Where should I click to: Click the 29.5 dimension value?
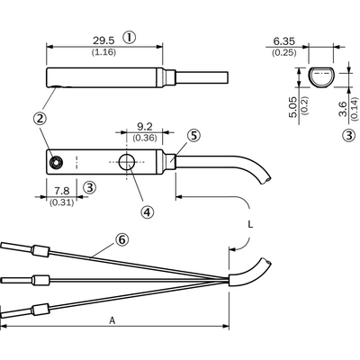coord(103,40)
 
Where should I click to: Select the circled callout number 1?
coord(130,38)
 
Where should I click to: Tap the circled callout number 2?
coord(40,118)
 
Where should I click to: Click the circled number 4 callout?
coord(147,211)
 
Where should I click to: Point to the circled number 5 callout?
coord(193,136)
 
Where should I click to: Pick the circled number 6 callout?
coord(121,239)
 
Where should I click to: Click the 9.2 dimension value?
coord(145,127)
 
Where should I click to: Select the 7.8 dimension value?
coord(62,191)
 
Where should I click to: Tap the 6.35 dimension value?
coord(283,41)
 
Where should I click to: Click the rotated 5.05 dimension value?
coord(293,107)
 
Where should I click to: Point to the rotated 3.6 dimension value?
coord(344,109)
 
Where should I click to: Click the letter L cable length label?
coord(250,224)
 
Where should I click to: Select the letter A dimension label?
coord(112,320)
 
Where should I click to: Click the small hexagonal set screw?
coord(56,162)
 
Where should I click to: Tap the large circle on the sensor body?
coord(127,162)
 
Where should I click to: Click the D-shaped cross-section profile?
coord(321,77)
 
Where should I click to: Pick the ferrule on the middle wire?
coord(40,280)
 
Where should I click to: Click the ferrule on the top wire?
coord(40,251)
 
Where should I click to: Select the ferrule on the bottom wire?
coord(40,310)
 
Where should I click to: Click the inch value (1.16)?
coord(103,52)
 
